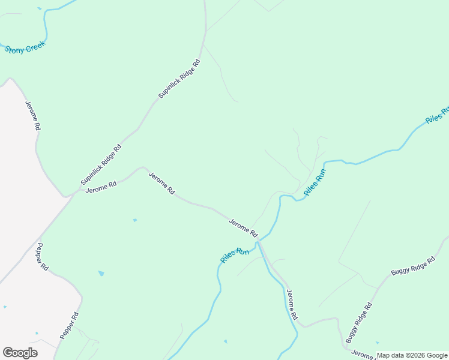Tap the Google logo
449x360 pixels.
point(20,353)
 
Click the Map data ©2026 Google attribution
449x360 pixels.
point(412,355)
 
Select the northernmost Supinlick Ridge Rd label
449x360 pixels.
point(179,79)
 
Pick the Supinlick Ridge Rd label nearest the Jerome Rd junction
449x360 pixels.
point(101,164)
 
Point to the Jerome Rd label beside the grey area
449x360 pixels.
point(32,115)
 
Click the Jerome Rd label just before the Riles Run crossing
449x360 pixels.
point(243,227)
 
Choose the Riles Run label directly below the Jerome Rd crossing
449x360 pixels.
point(235,255)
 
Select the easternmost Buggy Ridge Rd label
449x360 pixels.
point(413,266)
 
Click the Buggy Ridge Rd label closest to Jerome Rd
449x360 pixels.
point(360,322)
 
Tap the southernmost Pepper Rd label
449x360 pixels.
point(69,325)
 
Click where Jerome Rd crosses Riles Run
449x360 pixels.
point(259,242)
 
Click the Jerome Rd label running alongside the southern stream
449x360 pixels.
point(292,304)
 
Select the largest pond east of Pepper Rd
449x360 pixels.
point(101,274)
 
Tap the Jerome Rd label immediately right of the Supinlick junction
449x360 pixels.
point(101,187)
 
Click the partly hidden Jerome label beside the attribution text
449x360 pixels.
point(363,354)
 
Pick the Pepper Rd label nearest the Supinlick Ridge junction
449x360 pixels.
point(41,257)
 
